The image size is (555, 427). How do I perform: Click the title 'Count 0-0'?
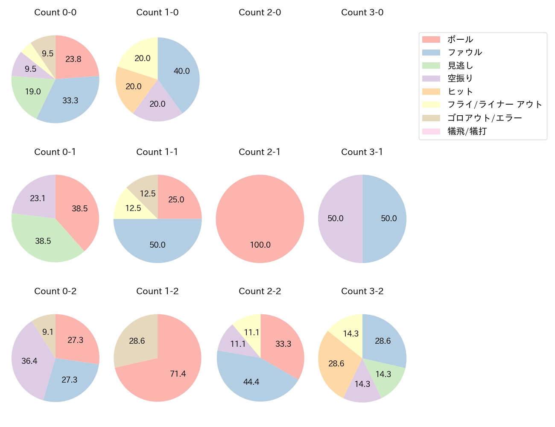(x=55, y=12)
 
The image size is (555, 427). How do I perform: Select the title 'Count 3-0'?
(x=362, y=12)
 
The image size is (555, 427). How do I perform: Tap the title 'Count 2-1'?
(x=260, y=152)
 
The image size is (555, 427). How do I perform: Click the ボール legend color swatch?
(x=431, y=39)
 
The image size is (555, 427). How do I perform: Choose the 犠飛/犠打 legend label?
(x=467, y=131)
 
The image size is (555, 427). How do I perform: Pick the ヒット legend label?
(x=460, y=92)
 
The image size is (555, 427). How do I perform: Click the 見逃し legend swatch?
(x=431, y=65)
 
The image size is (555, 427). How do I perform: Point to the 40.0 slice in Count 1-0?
(x=181, y=71)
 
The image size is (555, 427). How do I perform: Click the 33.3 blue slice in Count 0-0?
(x=70, y=101)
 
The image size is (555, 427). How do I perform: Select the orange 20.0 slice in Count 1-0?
(x=134, y=86)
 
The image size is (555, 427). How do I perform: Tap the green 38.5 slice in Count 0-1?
(x=43, y=241)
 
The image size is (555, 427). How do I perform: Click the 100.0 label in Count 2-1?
(x=260, y=245)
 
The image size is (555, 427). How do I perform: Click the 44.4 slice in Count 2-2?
(x=251, y=382)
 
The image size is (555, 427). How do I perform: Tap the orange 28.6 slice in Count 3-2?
(x=336, y=363)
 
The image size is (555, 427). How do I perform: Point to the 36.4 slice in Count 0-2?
(x=29, y=361)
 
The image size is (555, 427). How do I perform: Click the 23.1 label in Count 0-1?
(x=38, y=199)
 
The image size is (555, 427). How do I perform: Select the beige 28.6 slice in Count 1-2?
(x=137, y=341)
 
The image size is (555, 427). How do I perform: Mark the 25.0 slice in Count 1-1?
(x=176, y=200)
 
